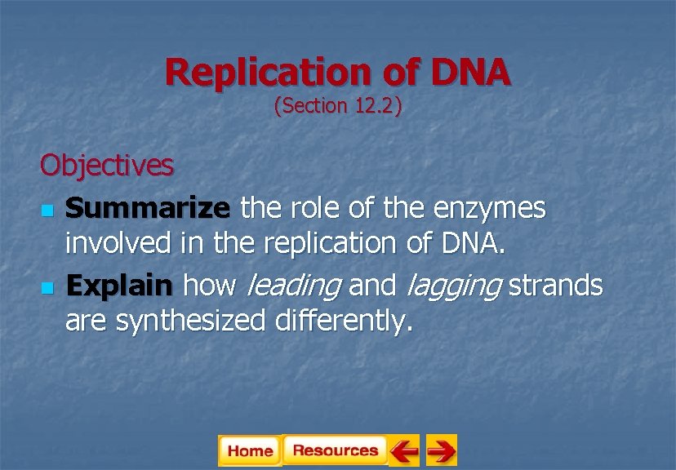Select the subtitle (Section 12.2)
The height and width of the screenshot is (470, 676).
tap(337, 106)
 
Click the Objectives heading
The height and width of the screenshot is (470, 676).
tap(107, 166)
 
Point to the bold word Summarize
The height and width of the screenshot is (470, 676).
tap(148, 209)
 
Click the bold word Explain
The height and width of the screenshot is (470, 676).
tap(119, 286)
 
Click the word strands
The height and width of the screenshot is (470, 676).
tap(556, 286)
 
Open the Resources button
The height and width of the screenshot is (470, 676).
tap(335, 450)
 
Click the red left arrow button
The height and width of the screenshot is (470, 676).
tap(403, 450)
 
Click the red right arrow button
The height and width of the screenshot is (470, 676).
tap(442, 450)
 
